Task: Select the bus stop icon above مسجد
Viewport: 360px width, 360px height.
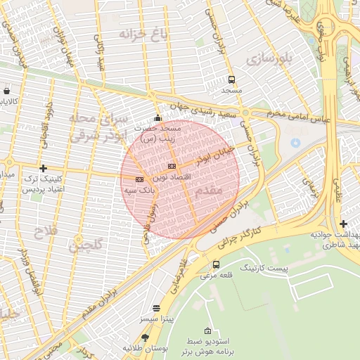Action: tap(232, 79)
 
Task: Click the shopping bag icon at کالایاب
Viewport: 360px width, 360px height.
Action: tap(7, 91)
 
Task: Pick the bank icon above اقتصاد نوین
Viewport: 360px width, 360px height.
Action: tap(171, 166)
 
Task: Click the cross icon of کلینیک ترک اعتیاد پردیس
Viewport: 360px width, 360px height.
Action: tap(44, 168)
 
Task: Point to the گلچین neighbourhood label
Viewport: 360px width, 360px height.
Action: tap(85, 245)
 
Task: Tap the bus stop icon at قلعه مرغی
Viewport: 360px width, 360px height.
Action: tap(215, 264)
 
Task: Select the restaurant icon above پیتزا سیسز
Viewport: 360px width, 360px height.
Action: tap(155, 308)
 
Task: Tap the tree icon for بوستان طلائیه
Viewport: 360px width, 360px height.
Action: tap(144, 337)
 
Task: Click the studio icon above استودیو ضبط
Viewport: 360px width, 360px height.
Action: tap(207, 330)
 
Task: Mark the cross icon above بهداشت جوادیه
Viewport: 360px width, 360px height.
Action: tap(343, 224)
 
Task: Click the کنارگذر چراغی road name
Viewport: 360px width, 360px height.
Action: tap(240, 239)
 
